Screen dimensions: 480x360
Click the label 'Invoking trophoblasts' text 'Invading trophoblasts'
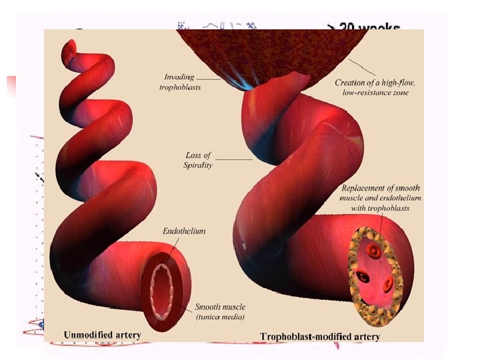pos(179,81)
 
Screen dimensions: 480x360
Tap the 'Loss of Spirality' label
pos(199,160)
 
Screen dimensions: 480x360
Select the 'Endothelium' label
pos(184,231)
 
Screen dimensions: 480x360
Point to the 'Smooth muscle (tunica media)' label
pos(220,311)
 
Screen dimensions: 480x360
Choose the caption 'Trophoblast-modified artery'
pos(320,336)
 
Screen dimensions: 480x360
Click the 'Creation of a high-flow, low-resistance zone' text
pos(375,87)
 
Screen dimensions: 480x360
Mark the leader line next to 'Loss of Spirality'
pos(233,159)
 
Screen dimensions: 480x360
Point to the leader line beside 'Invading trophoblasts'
pos(209,79)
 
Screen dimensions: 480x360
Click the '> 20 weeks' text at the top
pos(363,28)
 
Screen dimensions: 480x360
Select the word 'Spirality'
pos(199,165)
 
